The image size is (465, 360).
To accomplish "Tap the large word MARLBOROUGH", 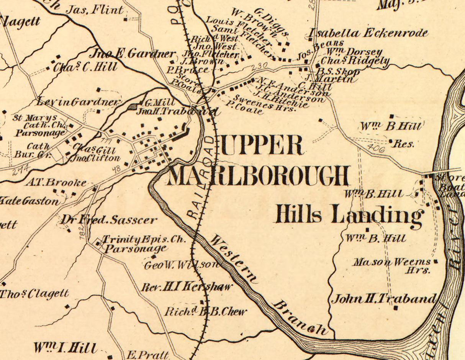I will pos(259,176).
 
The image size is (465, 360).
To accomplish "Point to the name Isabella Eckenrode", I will pos(368,33).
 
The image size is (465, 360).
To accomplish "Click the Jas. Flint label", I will pos(95,10).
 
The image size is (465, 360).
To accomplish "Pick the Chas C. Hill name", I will pos(85,67).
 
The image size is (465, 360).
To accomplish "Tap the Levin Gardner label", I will pos(79,102).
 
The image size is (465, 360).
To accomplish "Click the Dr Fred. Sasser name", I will pos(108,220).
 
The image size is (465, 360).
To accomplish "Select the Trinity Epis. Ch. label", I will pos(144,240).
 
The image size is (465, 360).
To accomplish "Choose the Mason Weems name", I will pos(392,262).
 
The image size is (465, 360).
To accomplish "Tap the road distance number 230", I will pos(259,67).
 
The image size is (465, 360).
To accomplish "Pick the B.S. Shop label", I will pos(340,72).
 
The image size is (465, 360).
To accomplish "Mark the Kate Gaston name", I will pos(30,201).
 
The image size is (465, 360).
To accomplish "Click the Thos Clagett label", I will pos(34,294).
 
